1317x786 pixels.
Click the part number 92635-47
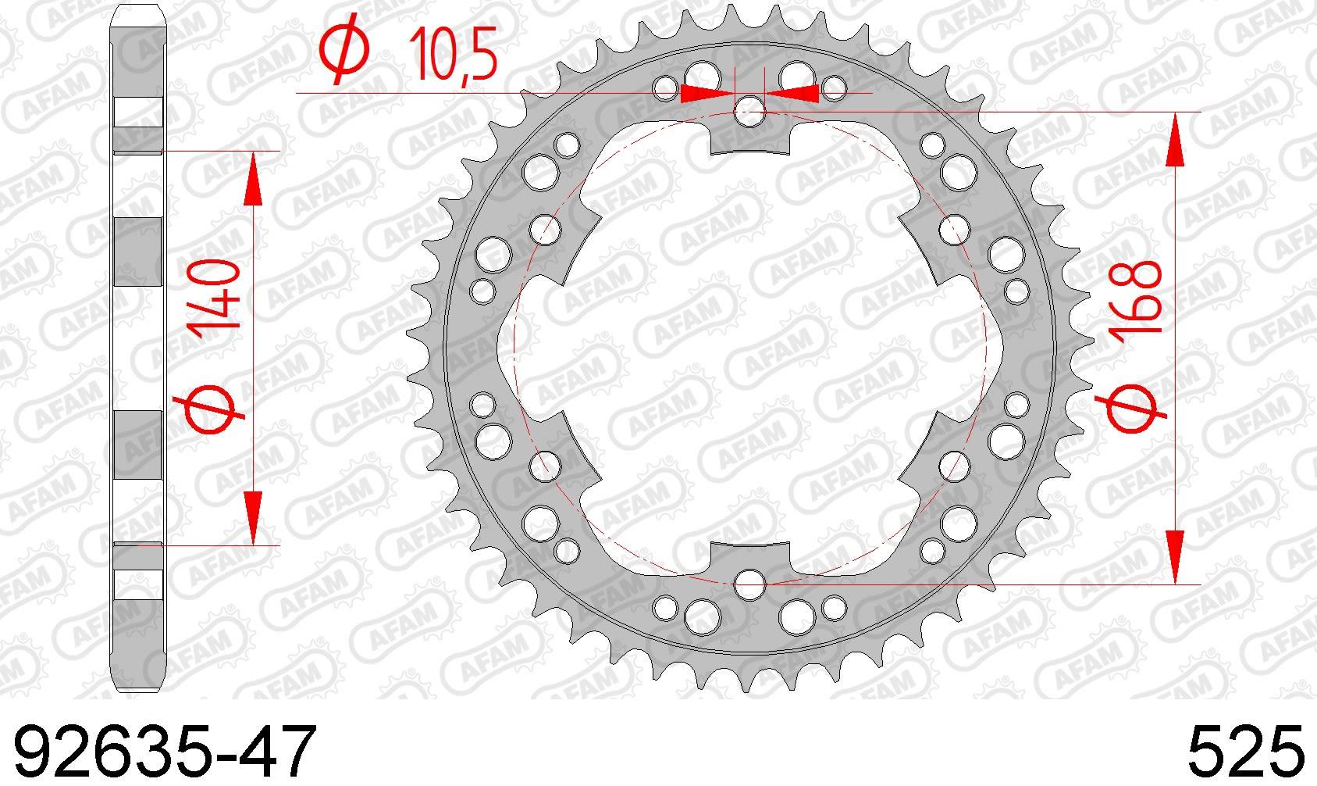[165, 752]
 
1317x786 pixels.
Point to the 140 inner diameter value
[213, 300]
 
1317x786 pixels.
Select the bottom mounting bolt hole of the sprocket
[749, 584]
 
